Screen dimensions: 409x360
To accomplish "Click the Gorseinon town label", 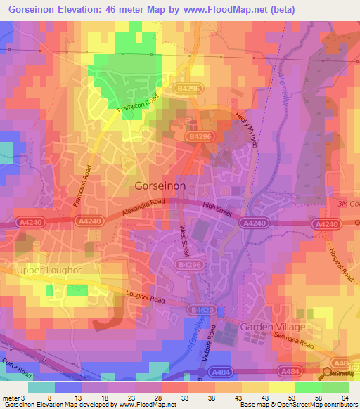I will tap(160, 185).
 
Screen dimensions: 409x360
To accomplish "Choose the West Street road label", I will tap(184, 240).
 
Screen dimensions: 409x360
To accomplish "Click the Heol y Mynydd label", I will tap(246, 131).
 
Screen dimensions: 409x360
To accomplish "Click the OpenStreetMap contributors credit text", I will tap(323, 405).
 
